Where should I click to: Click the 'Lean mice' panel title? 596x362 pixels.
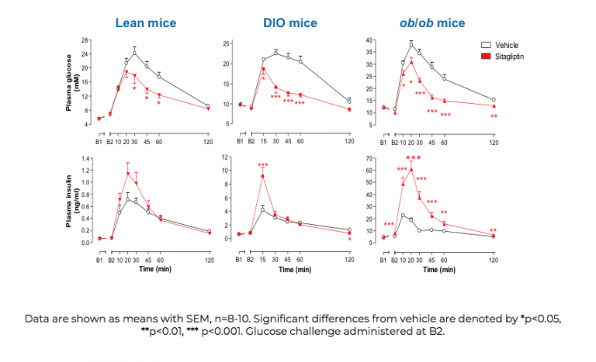(x=146, y=22)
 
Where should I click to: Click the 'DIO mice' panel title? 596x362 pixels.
(x=286, y=22)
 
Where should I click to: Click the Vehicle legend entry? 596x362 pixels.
(x=499, y=46)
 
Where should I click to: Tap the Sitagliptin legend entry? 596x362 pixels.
(x=503, y=57)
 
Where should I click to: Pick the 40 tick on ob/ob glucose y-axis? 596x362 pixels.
(x=369, y=40)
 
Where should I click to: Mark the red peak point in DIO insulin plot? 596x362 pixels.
(x=263, y=176)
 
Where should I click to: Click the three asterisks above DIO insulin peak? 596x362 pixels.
(x=263, y=165)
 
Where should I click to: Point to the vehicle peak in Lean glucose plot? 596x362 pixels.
(x=134, y=53)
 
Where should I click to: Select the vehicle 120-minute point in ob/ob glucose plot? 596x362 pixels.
(x=494, y=99)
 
